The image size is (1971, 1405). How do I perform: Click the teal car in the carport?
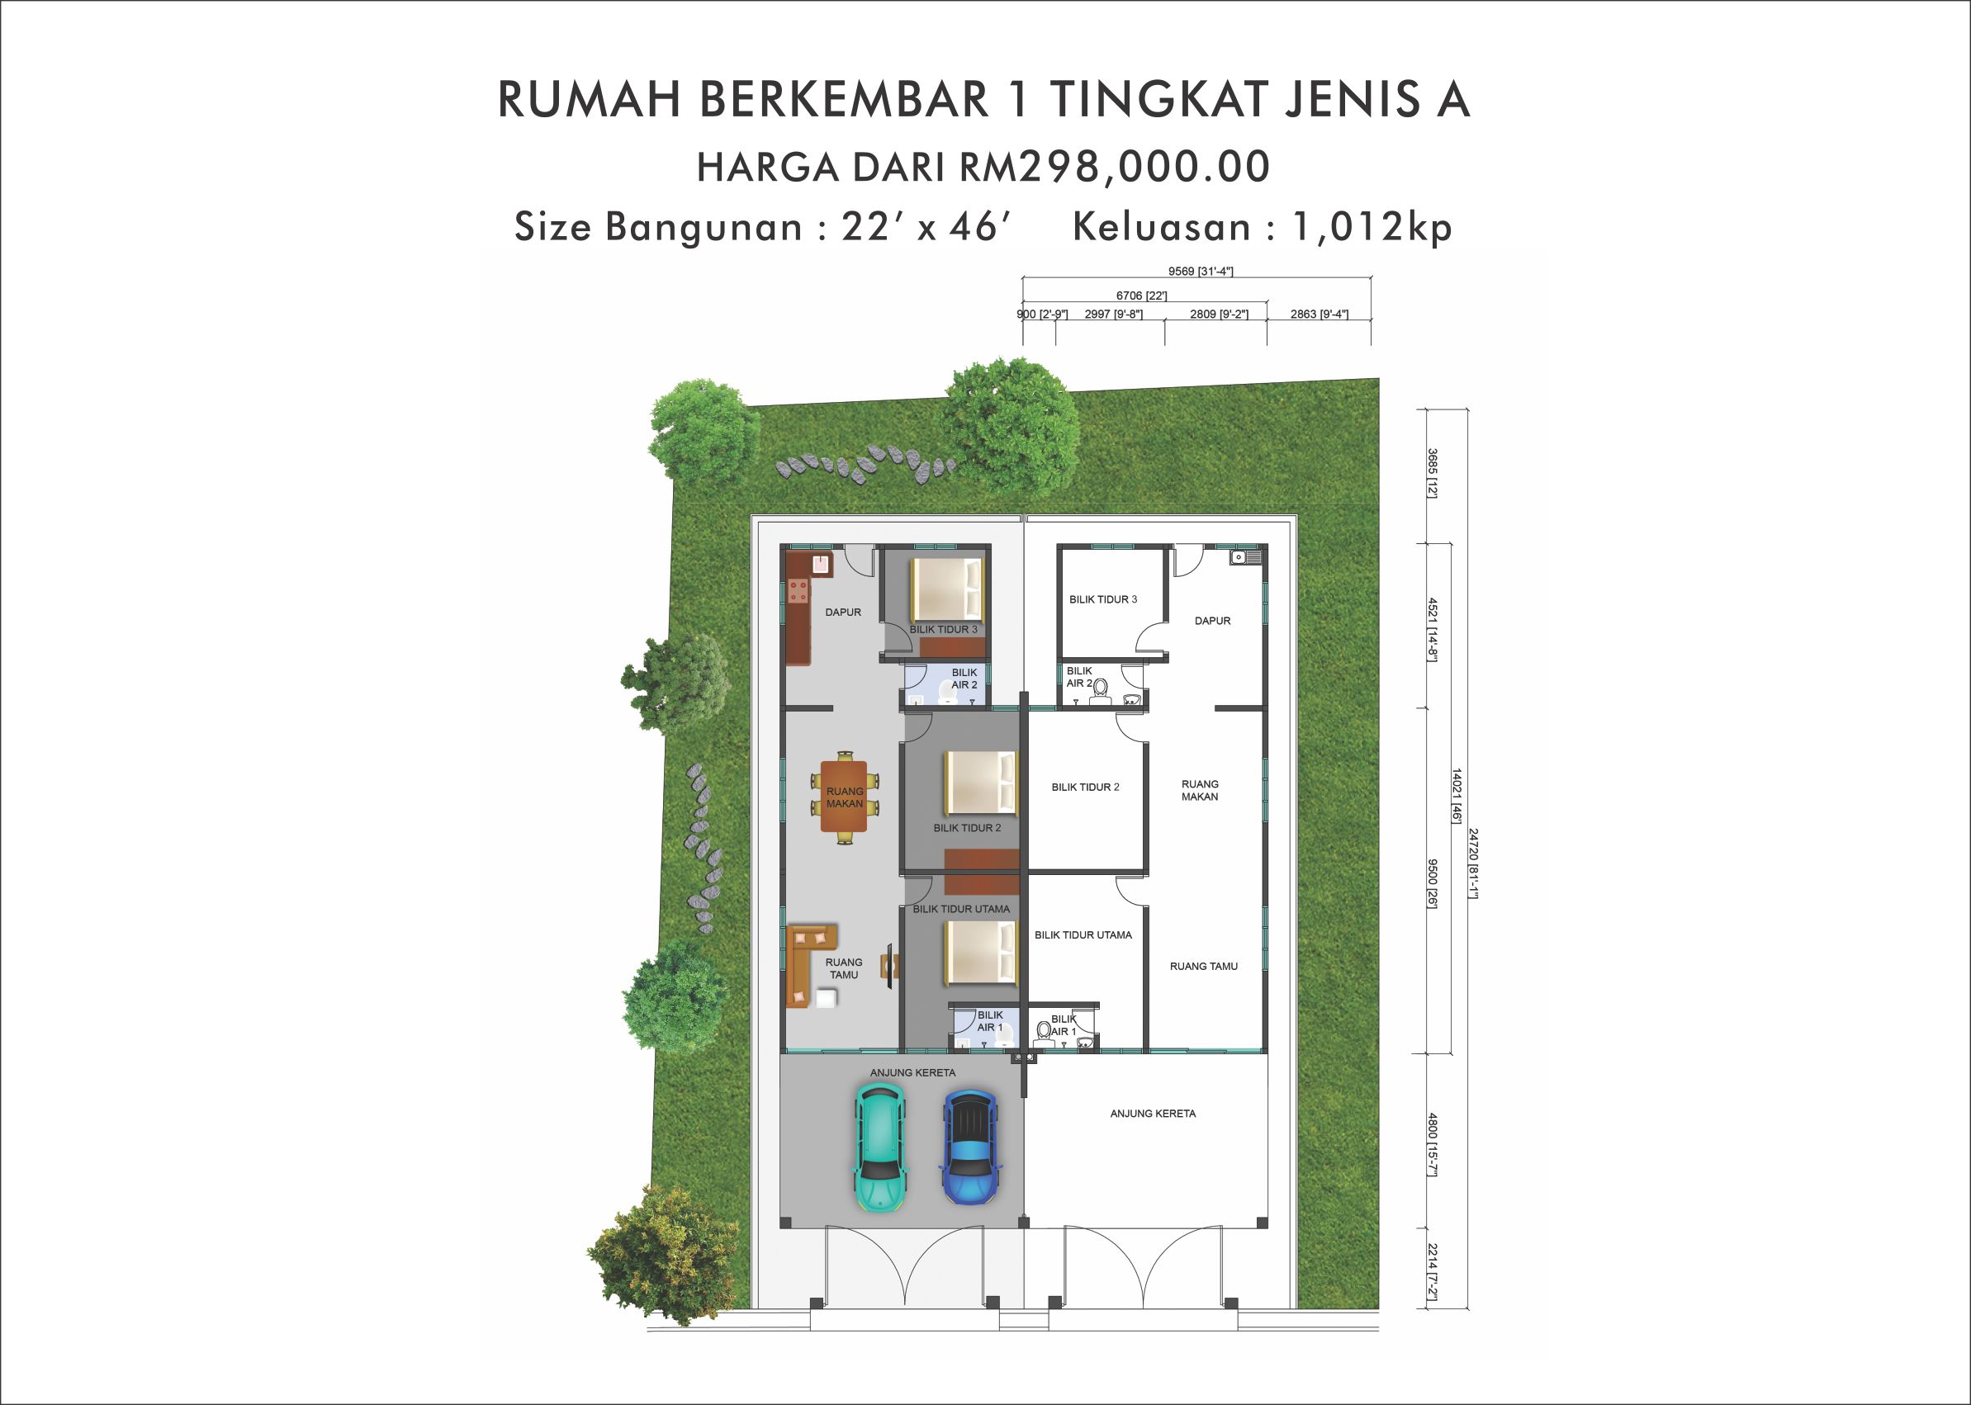(879, 1147)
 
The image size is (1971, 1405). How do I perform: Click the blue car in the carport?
(973, 1147)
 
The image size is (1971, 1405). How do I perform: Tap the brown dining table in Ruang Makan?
(845, 796)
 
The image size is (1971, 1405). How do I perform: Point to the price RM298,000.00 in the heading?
(1115, 166)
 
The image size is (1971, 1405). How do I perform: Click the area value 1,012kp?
(1372, 227)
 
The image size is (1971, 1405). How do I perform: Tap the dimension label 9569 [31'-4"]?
(1200, 271)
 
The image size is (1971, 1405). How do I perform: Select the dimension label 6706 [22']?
(1141, 296)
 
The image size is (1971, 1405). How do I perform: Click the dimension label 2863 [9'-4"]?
(1319, 314)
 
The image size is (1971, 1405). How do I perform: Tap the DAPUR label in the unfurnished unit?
(1212, 620)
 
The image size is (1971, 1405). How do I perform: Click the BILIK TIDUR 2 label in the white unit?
(1085, 788)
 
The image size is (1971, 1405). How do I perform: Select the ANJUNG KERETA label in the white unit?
(1153, 1114)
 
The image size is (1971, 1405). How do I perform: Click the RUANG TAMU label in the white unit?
(1204, 967)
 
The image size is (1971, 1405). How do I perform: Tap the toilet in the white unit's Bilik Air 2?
(1100, 688)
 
